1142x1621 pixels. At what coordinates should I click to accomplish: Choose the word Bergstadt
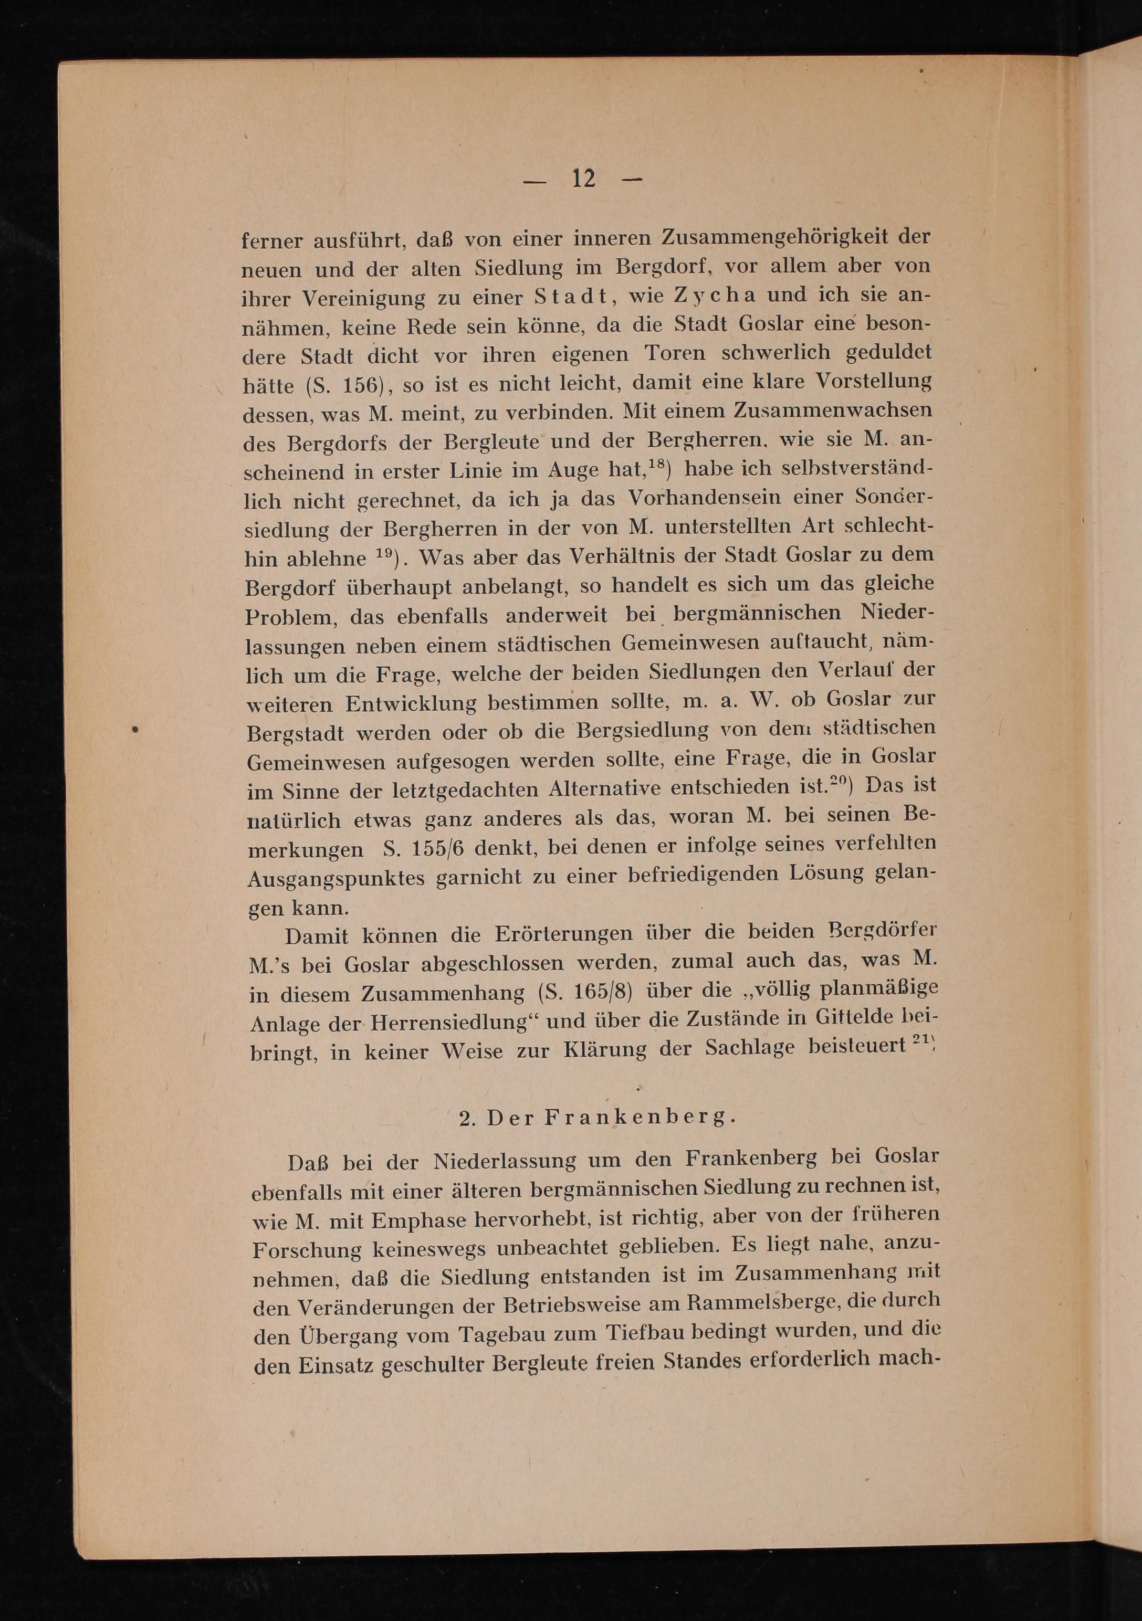point(297,733)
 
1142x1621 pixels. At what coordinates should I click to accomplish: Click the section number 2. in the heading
point(467,1118)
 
